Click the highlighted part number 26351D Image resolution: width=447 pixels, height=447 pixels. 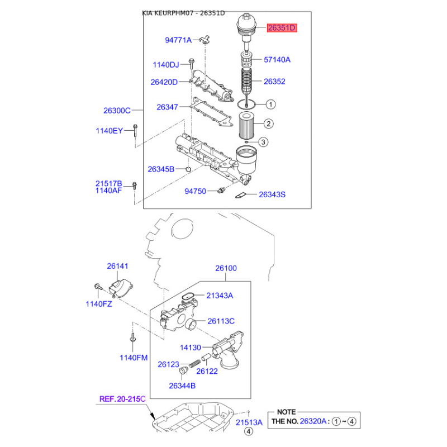click(x=282, y=27)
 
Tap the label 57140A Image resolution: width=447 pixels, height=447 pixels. click(x=277, y=59)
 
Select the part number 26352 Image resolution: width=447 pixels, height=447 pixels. click(x=274, y=82)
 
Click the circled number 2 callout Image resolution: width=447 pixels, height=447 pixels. click(x=268, y=123)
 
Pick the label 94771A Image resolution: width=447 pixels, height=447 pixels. click(x=178, y=40)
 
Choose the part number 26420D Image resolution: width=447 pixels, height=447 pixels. click(x=164, y=82)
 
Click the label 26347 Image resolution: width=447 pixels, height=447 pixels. click(x=167, y=107)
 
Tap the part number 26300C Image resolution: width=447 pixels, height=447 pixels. click(x=117, y=111)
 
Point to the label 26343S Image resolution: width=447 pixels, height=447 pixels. click(x=272, y=195)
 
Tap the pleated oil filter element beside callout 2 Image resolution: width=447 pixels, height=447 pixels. click(x=245, y=126)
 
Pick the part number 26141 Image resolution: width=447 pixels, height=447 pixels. click(x=117, y=267)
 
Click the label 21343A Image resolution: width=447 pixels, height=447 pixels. click(x=220, y=296)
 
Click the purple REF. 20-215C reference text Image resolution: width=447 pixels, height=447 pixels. click(x=122, y=399)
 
